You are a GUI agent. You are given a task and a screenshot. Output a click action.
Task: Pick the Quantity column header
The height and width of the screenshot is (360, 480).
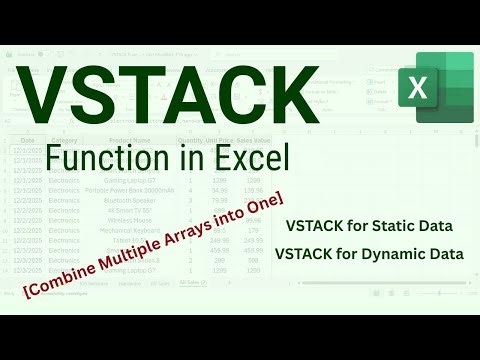pos(190,141)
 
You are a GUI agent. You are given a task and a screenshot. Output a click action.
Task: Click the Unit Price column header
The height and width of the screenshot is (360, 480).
pos(221,141)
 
